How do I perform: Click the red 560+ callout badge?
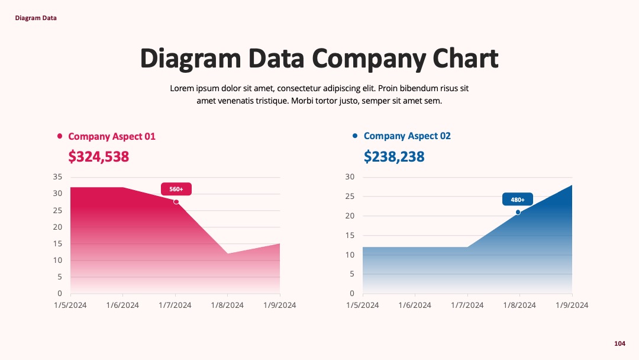pos(176,189)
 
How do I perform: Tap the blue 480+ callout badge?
pos(518,200)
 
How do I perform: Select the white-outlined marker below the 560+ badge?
pos(176,202)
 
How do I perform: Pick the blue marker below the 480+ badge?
pos(518,213)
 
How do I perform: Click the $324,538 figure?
pos(99,156)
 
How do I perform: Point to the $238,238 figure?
pos(394,156)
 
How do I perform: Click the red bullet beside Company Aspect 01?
pos(60,136)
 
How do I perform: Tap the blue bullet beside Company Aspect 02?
pos(355,136)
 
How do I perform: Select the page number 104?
pos(619,343)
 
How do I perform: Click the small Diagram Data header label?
pos(36,18)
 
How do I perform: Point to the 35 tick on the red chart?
pos(57,177)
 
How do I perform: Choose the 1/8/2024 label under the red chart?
pos(227,306)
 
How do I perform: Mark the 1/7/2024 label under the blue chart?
pos(467,306)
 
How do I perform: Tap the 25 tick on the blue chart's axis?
pos(350,197)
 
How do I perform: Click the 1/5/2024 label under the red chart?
pos(70,306)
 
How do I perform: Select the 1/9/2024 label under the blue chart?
pos(572,306)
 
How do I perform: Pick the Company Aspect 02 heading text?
pos(407,136)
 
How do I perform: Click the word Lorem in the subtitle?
pos(182,88)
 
